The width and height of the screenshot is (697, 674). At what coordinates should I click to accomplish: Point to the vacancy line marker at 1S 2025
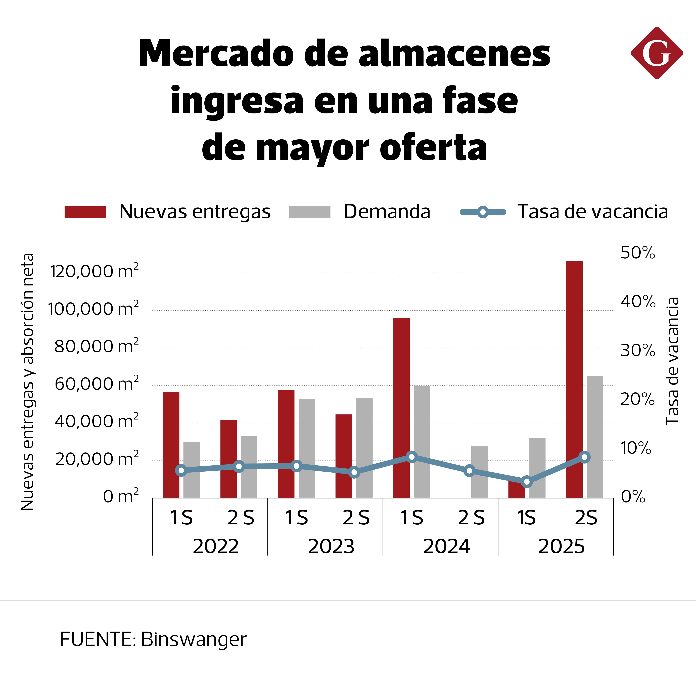coord(527,482)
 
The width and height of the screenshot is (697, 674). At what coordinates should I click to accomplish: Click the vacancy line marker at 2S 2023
coord(354,473)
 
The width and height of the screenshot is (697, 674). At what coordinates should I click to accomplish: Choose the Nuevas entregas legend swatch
coord(85,212)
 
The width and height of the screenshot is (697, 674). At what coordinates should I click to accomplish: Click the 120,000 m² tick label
coord(94,272)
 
